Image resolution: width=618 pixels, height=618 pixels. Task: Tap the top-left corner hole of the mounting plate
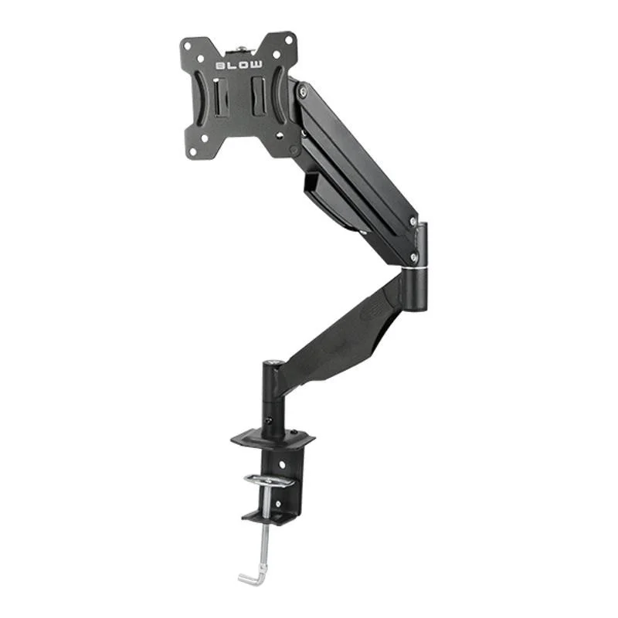pos(188,46)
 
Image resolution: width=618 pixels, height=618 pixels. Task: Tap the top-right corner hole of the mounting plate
pos(289,40)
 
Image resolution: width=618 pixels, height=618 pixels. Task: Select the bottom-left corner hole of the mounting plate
pos(193,151)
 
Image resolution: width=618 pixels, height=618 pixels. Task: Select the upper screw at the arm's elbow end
pos(413,222)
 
